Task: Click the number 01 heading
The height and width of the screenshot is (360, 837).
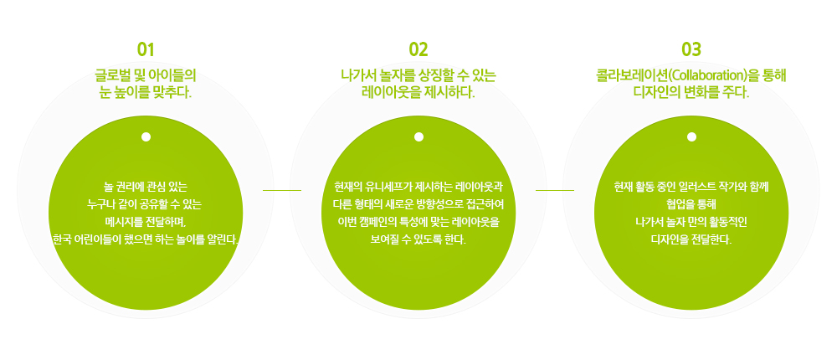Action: (146, 49)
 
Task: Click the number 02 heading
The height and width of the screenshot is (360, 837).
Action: (418, 49)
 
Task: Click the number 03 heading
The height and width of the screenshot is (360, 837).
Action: (691, 49)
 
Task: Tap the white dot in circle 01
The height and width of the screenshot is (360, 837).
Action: (146, 136)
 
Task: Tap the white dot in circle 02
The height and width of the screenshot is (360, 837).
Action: (418, 136)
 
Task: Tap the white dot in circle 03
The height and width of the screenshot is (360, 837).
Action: (691, 136)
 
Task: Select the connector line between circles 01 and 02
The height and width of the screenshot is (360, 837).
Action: (282, 189)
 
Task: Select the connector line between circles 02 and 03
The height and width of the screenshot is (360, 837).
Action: (555, 189)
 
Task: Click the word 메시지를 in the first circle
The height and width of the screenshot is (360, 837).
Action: (122, 221)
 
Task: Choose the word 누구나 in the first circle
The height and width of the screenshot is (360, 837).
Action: (100, 204)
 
